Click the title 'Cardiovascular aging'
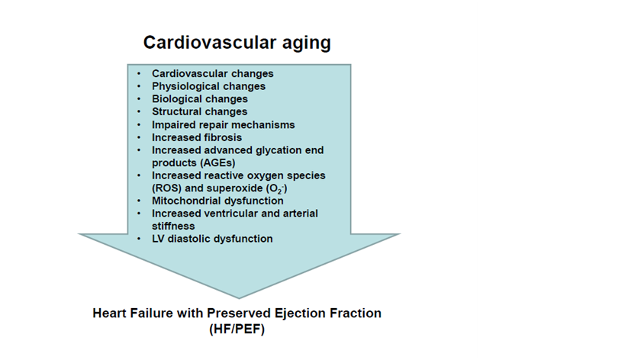(x=237, y=43)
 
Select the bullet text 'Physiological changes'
(x=208, y=86)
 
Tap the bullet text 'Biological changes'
(x=200, y=99)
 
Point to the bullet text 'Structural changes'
(x=199, y=112)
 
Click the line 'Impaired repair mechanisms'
(x=223, y=124)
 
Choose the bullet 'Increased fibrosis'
(x=197, y=137)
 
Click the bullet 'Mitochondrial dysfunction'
(x=217, y=201)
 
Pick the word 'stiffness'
(x=173, y=227)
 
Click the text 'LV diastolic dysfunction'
(x=212, y=239)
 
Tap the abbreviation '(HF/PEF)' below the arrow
(x=237, y=329)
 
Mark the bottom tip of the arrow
(x=239, y=298)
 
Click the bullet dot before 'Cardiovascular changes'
(x=139, y=74)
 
